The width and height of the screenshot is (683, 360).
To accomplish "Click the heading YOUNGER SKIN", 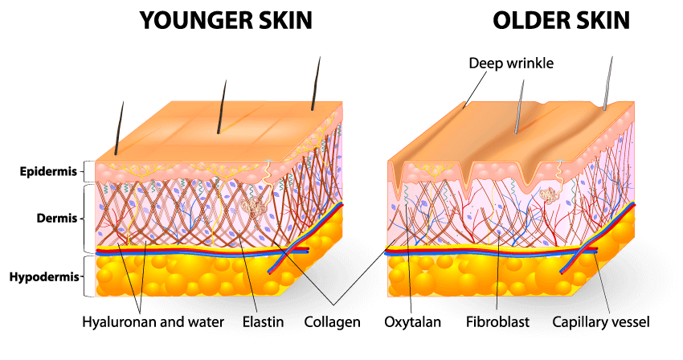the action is [x=226, y=20].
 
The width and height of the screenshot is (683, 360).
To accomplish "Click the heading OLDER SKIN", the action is [x=561, y=20].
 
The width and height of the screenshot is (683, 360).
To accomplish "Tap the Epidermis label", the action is [x=48, y=172].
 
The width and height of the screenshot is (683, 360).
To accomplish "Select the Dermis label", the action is [x=57, y=218].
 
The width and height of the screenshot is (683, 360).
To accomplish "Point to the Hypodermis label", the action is [x=44, y=276].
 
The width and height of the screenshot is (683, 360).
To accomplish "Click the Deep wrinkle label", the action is [x=511, y=63].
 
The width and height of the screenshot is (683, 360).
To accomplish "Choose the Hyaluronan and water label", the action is [x=153, y=322].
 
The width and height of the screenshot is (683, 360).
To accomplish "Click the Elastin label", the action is [x=263, y=322].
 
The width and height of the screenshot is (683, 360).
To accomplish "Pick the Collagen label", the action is [x=333, y=322].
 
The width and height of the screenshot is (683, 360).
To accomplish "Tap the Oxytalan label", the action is [x=412, y=322].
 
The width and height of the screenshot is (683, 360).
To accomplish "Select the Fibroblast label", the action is [x=497, y=322].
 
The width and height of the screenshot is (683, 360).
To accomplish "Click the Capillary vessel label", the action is [x=601, y=322].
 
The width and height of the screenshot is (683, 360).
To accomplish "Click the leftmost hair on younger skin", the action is [x=119, y=128].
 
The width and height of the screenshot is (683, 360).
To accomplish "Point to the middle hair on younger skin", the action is [x=222, y=107].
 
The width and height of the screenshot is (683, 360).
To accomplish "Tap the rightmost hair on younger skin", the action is [x=316, y=84].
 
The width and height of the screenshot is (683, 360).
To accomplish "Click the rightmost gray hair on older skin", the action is [x=607, y=84].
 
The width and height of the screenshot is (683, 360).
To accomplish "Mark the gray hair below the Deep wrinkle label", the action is [x=519, y=107].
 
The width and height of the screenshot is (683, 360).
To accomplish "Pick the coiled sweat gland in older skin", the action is [x=547, y=194].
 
